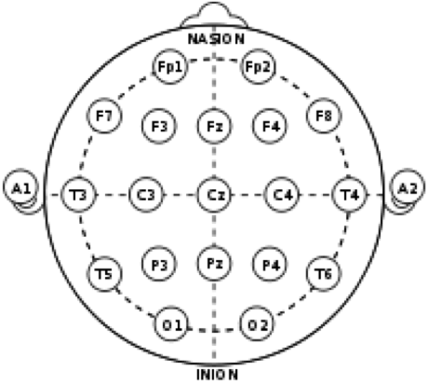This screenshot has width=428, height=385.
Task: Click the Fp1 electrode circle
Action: (170, 66)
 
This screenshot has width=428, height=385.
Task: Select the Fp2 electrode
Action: (258, 66)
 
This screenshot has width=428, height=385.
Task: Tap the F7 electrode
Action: (104, 116)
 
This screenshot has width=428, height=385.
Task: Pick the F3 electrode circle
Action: (159, 126)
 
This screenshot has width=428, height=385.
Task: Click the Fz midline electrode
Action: (214, 126)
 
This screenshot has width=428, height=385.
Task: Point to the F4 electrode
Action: (269, 126)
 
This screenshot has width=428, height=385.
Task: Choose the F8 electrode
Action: (324, 116)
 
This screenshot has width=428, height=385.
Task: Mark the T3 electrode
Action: (78, 195)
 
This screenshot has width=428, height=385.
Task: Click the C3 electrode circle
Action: (146, 195)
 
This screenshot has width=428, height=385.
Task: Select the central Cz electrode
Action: (214, 195)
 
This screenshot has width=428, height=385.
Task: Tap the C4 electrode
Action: (282, 195)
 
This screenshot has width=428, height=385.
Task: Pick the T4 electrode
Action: (350, 195)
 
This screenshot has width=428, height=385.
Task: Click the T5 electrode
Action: (104, 274)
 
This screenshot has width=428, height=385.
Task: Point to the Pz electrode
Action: (214, 264)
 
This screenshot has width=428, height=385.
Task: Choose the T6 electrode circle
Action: (324, 274)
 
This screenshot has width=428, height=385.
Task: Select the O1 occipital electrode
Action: (171, 323)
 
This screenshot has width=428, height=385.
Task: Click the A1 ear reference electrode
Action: (21, 187)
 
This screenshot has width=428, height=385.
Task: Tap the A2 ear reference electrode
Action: (408, 187)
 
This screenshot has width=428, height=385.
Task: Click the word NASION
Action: (216, 39)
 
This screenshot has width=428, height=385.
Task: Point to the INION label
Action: (218, 375)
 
